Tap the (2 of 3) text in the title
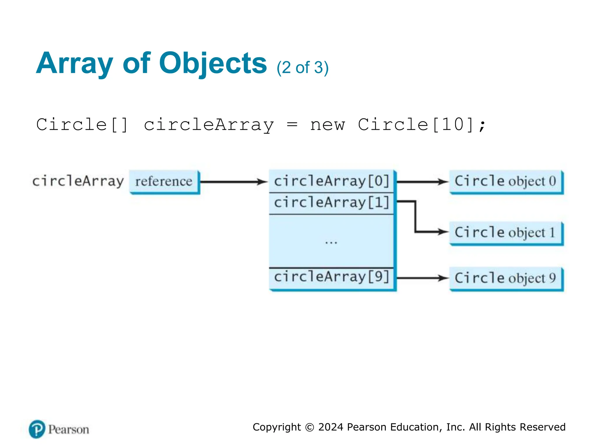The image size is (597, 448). point(303,68)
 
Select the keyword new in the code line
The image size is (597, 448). point(327,125)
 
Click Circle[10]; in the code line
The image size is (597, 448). point(422,125)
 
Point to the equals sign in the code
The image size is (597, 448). point(292,125)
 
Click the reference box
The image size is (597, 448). point(164,181)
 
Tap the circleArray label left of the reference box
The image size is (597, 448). point(78,181)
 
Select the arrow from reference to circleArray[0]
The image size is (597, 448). point(233,182)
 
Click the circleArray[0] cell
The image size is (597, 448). point(331,181)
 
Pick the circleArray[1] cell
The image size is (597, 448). point(331,203)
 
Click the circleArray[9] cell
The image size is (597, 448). point(331,277)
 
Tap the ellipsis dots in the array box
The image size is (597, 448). point(331,242)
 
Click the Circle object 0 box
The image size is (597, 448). point(506,181)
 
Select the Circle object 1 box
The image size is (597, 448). point(506,232)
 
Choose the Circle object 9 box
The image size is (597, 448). point(506,278)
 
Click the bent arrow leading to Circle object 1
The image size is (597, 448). point(415,217)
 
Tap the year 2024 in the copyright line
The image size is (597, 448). point(331,427)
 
